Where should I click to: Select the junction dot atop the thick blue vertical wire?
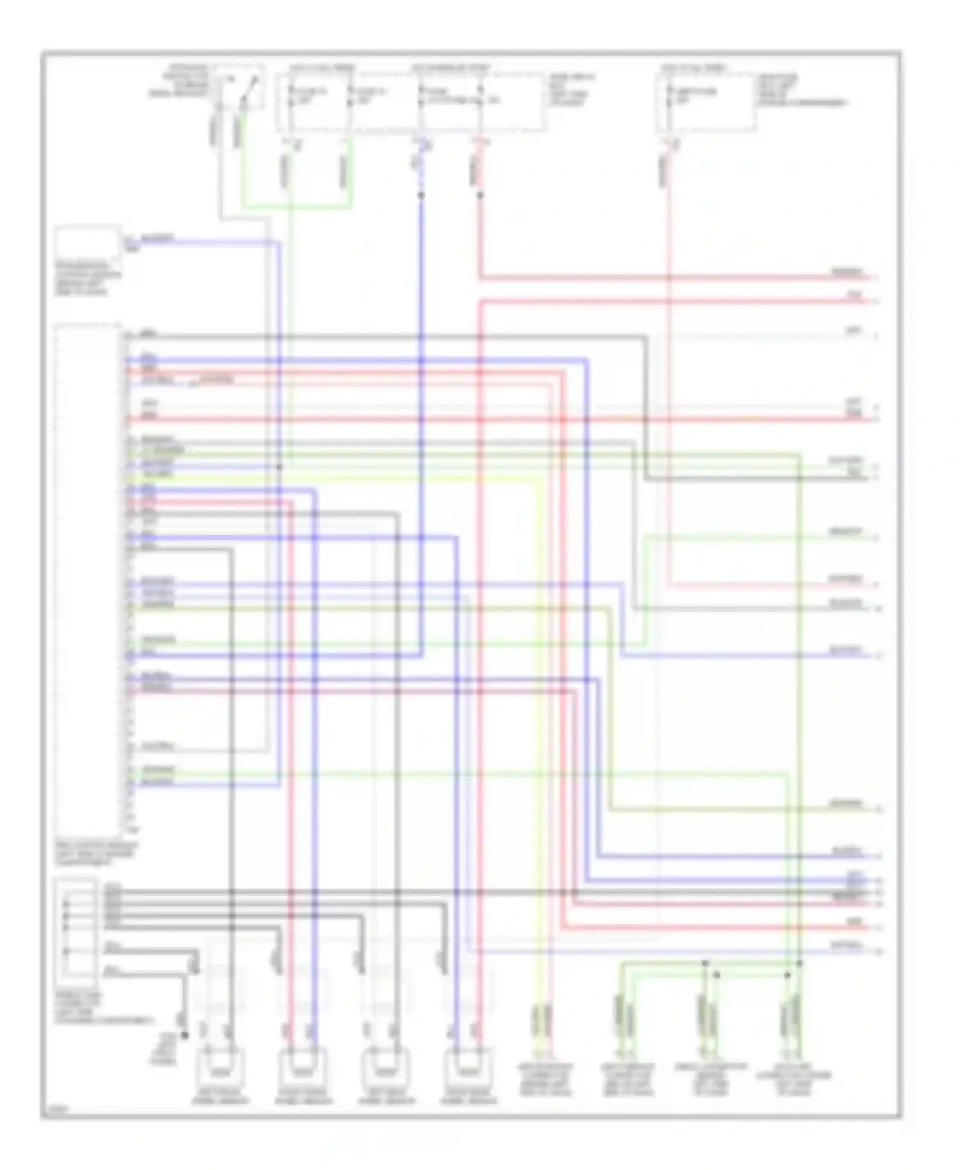pyautogui.click(x=420, y=195)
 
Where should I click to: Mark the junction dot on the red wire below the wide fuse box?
pyautogui.click(x=479, y=195)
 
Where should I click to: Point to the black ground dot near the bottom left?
pyautogui.click(x=185, y=1035)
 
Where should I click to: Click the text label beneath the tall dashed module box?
pyautogui.click(x=96, y=854)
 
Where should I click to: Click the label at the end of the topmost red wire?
pyautogui.click(x=846, y=273)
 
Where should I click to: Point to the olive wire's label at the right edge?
pyautogui.click(x=846, y=803)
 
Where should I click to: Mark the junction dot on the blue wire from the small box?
pyautogui.click(x=279, y=467)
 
